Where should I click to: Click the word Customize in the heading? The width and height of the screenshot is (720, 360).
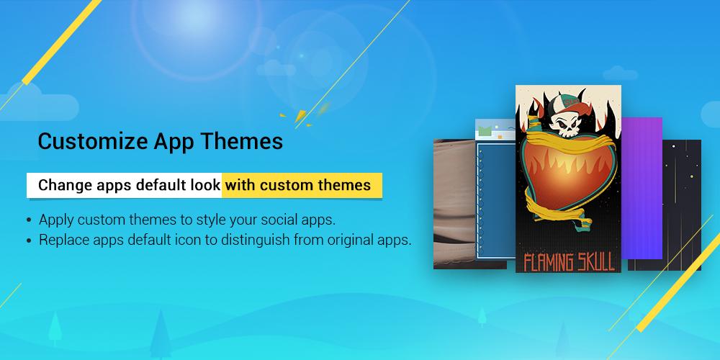pos(92,142)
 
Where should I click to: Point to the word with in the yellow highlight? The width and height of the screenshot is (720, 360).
pos(240,184)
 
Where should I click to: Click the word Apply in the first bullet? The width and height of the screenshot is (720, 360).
pos(56,220)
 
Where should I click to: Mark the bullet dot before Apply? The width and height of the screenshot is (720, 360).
pos(30,220)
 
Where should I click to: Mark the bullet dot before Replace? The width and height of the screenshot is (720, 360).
pos(30,240)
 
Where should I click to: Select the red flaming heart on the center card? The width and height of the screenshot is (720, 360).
pos(567,179)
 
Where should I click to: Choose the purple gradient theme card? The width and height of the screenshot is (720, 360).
pos(642,188)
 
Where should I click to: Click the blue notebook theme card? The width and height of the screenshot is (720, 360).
pos(496,193)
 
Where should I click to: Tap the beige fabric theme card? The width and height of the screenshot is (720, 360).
pos(454,204)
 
